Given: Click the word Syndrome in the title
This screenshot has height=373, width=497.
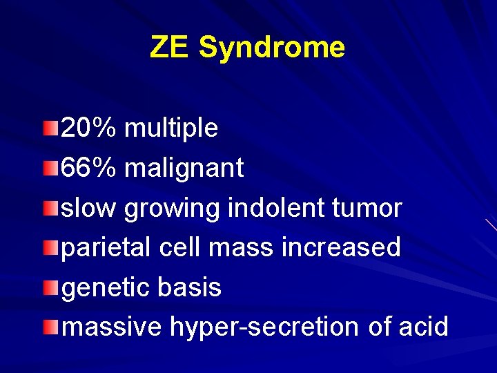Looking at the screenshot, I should [271, 48].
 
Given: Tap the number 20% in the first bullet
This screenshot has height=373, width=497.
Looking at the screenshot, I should [90, 127].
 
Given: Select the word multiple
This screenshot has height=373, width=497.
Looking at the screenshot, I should [171, 128].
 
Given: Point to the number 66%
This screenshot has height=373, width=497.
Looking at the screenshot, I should [90, 167].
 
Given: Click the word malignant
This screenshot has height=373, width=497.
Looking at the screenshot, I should [184, 168].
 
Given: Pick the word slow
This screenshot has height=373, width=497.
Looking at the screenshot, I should [90, 207].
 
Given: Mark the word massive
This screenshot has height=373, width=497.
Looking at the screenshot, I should [112, 326].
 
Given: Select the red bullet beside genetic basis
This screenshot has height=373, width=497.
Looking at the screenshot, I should [50, 286].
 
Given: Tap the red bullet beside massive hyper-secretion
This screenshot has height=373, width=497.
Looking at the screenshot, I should [50, 325].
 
